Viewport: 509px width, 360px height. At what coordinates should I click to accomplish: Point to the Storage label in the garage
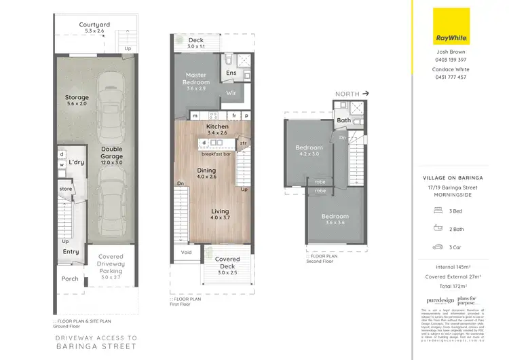77,101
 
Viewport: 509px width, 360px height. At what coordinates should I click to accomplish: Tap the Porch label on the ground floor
70,278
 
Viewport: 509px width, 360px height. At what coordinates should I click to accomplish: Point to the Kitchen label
217,127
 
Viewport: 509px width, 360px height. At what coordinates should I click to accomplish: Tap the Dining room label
206,170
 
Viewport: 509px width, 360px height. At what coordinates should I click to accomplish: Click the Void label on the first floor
185,253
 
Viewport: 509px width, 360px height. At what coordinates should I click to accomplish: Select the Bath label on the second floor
344,121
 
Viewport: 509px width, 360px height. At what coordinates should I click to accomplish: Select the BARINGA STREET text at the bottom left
96,346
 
